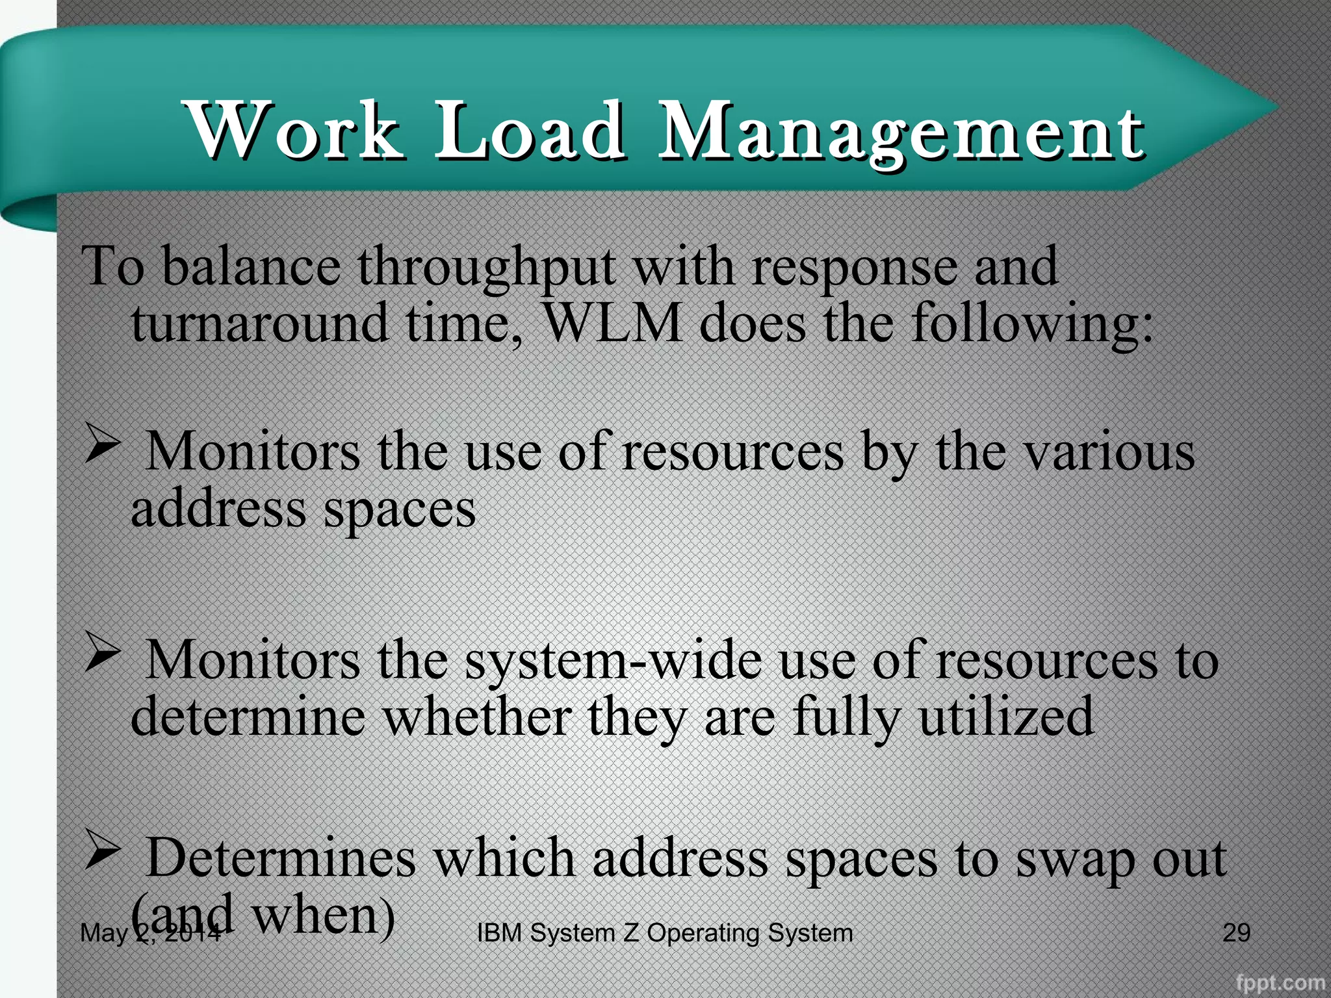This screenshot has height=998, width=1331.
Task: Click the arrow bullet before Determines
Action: click(103, 852)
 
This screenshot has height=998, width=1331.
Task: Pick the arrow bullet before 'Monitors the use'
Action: click(103, 446)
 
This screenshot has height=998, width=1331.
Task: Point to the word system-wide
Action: click(614, 660)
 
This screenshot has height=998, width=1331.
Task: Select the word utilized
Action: click(1007, 716)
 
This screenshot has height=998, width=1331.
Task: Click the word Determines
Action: click(281, 858)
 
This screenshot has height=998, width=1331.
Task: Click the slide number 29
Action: click(1236, 932)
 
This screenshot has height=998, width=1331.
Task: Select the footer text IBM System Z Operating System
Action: click(665, 933)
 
